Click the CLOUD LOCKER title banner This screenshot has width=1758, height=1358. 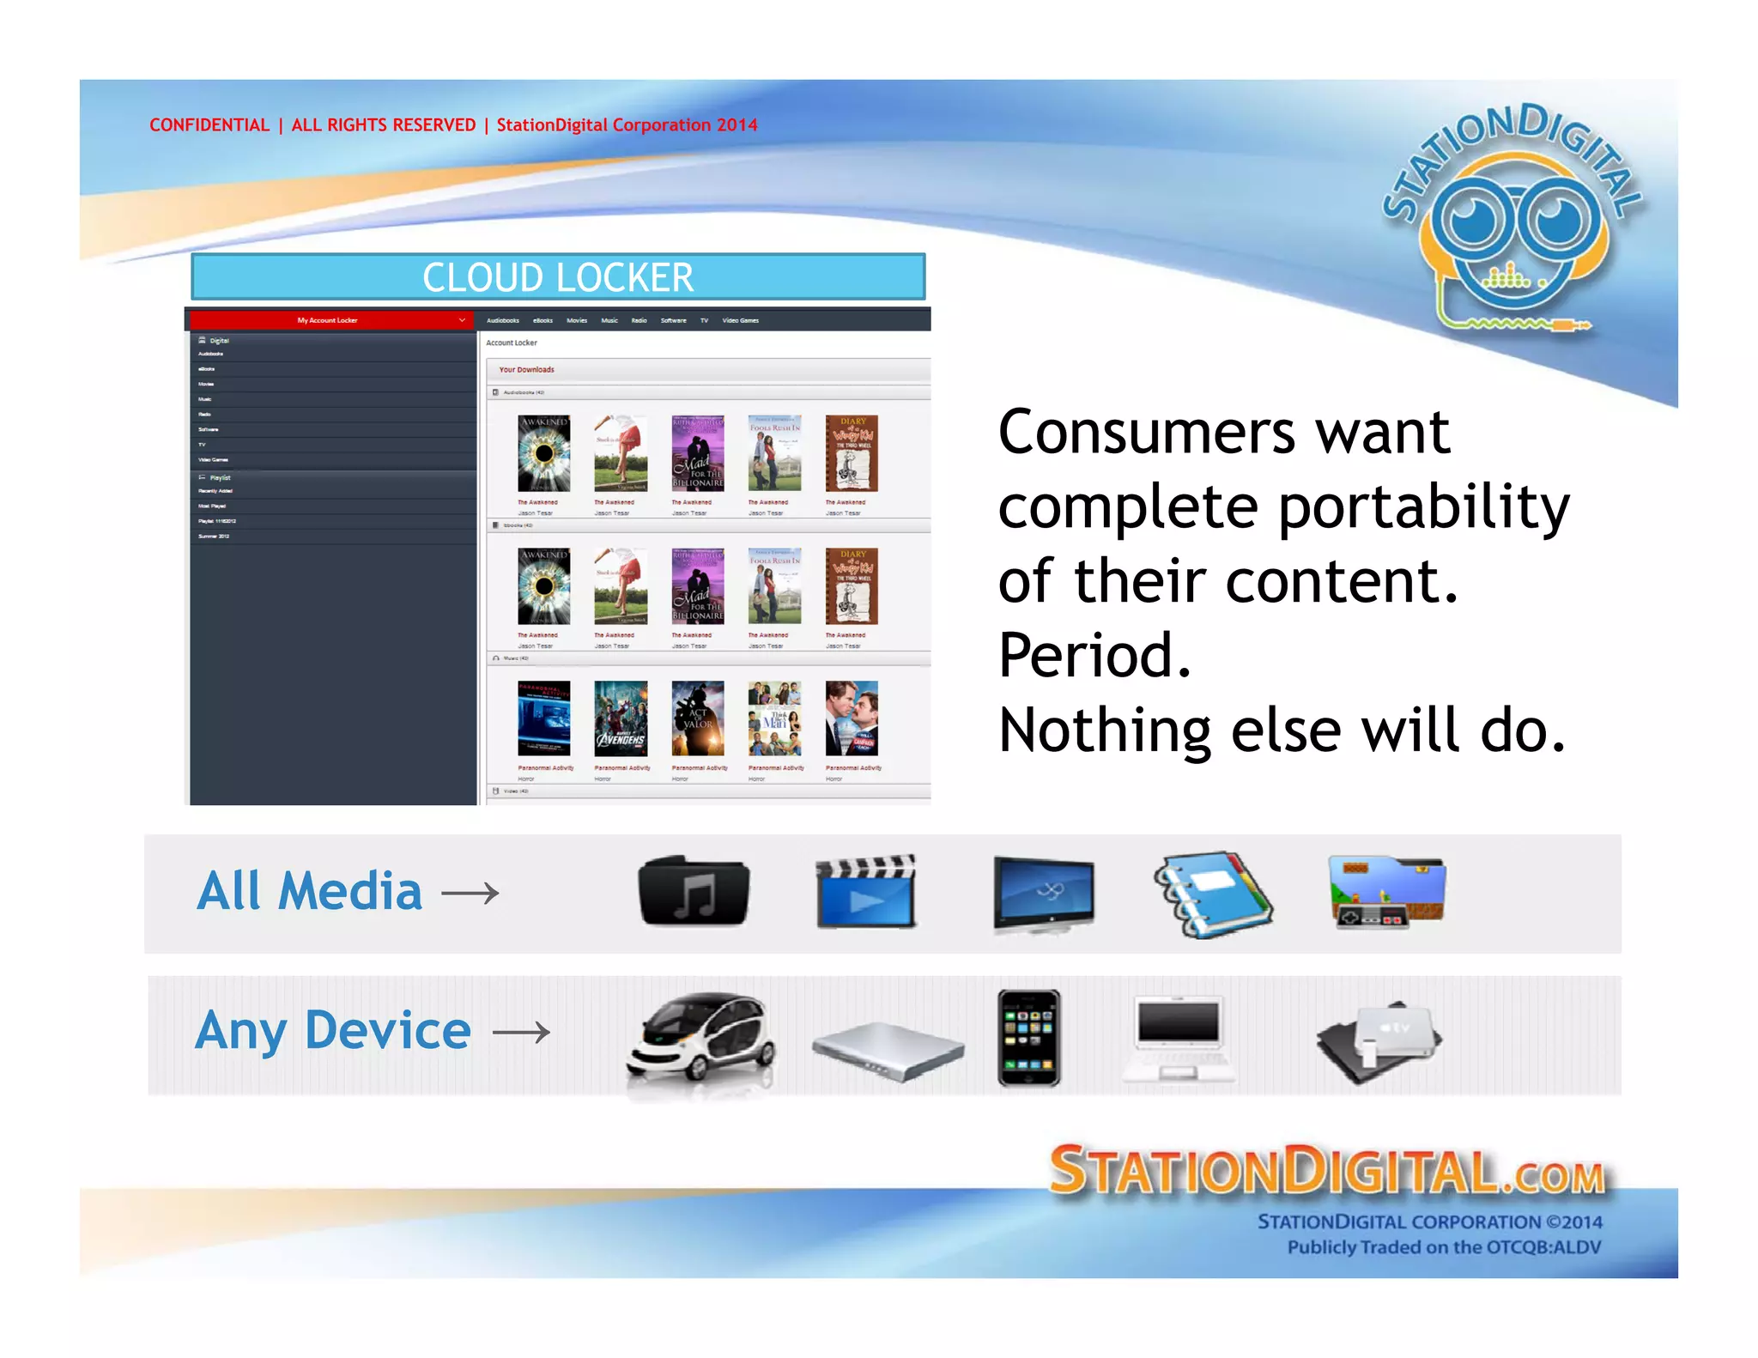[x=558, y=277]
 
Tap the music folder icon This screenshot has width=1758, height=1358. [x=694, y=892]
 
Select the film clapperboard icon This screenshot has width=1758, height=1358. [x=866, y=893]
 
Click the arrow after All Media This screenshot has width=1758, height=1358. [x=470, y=894]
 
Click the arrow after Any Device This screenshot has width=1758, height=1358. [x=521, y=1032]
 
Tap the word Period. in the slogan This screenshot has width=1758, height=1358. [x=1094, y=656]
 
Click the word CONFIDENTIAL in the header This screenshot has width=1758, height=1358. [x=209, y=125]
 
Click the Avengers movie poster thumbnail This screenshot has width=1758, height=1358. [x=621, y=718]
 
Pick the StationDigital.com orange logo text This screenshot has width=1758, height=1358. [x=1326, y=1171]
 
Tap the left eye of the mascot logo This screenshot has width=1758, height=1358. [x=1476, y=221]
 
